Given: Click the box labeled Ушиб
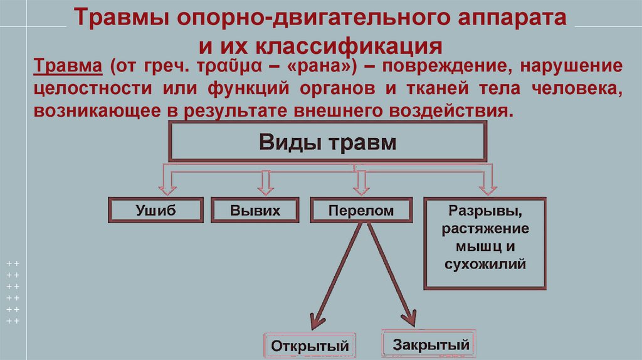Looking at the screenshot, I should click(155, 210).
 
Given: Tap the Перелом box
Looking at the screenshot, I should click(361, 210).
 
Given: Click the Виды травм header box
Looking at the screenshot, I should click(328, 142).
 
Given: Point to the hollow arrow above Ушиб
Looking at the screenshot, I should click(167, 184).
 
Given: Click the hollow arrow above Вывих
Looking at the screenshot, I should click(265, 184).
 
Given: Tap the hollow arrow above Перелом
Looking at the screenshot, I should click(360, 184).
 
